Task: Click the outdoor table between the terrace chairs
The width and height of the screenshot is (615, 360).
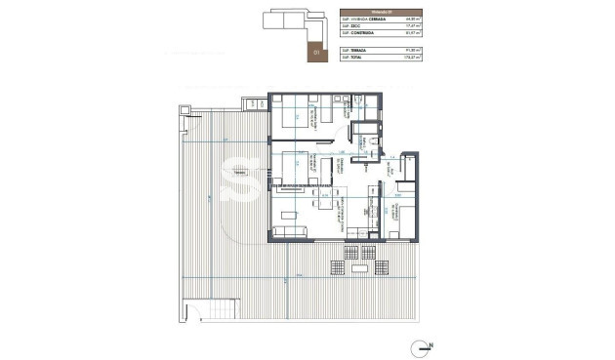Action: pyautogui.click(x=355, y=252)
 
